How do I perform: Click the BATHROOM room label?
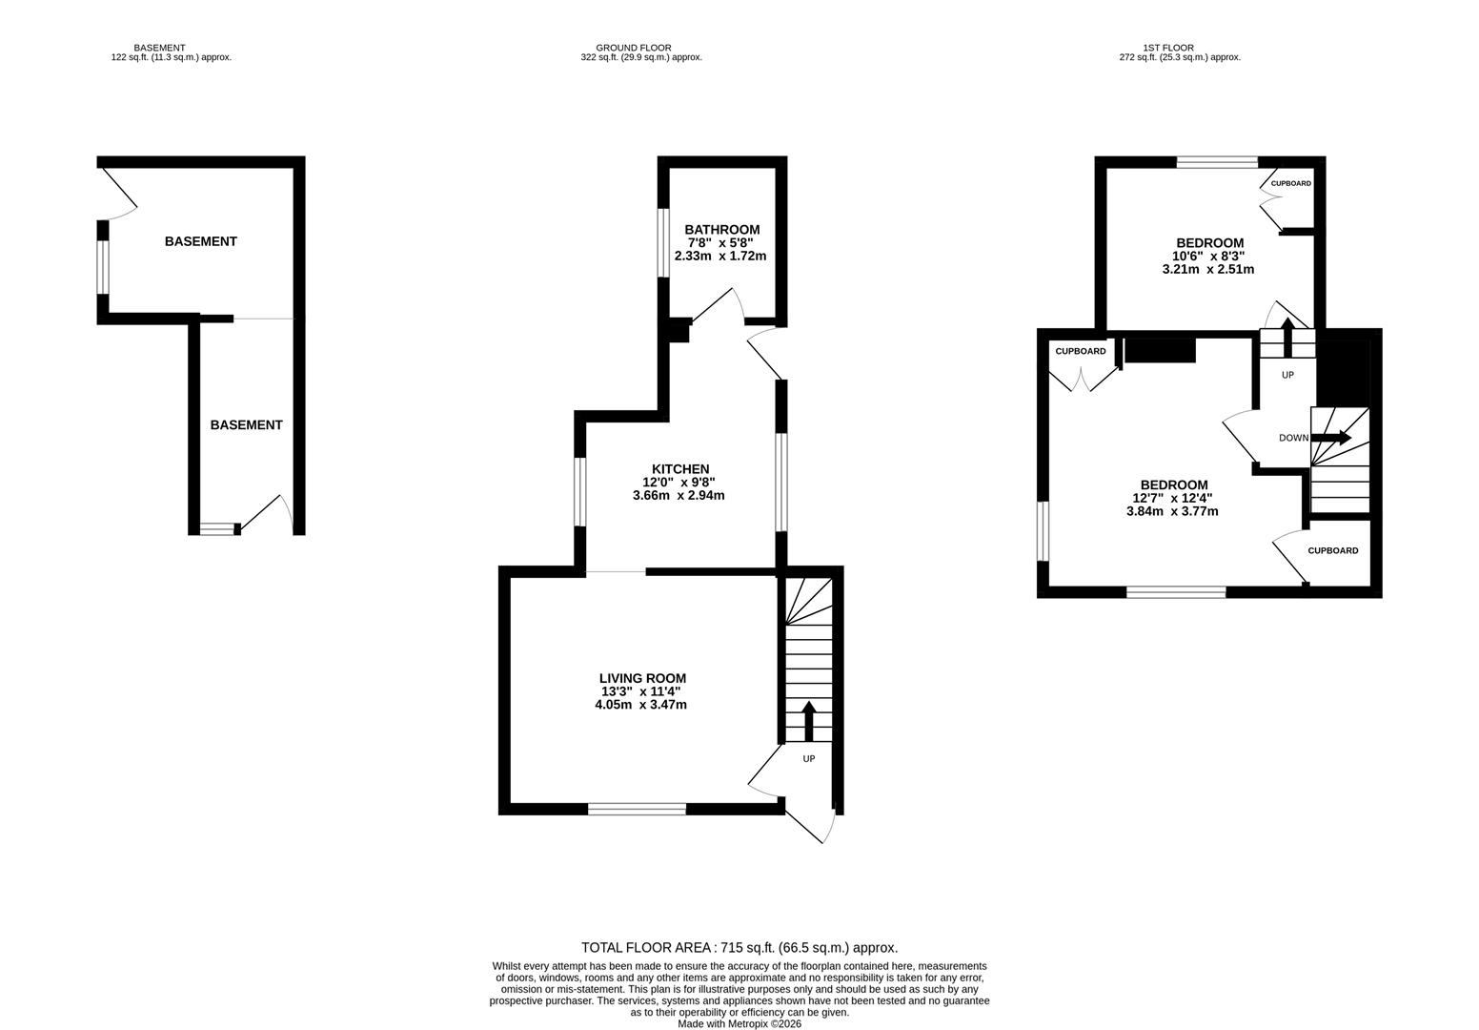(721, 230)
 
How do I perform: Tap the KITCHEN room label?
(679, 469)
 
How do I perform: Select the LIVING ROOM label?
(642, 678)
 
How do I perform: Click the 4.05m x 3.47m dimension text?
(640, 705)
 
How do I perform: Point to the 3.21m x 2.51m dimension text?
(1207, 269)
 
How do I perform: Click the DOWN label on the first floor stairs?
(1293, 438)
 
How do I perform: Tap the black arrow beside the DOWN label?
(1331, 438)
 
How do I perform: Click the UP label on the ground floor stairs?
(809, 759)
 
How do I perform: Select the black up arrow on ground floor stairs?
(809, 721)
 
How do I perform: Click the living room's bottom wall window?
(637, 810)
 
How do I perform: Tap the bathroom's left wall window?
(664, 242)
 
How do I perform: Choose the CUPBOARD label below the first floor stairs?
(1332, 550)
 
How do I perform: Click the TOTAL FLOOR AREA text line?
(739, 948)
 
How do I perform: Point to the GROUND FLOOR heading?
(634, 48)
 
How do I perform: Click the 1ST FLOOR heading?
(1168, 48)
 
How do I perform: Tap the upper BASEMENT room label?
(200, 241)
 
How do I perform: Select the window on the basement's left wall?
(103, 267)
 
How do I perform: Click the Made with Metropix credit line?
(739, 1024)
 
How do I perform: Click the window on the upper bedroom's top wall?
(1217, 162)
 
